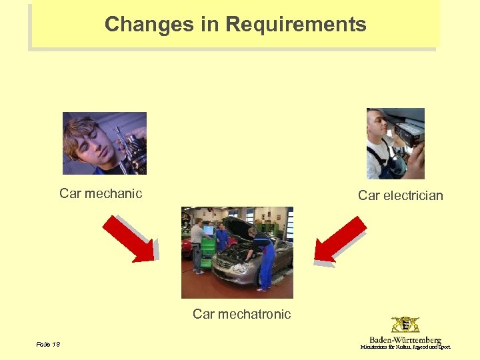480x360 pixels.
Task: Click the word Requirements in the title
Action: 296,25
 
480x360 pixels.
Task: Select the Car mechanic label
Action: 101,194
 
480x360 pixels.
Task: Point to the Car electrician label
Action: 400,195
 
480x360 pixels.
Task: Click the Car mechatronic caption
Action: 241,314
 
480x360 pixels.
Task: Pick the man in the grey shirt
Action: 197,243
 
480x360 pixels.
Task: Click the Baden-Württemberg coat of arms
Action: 405,325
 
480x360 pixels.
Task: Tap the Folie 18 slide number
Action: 48,344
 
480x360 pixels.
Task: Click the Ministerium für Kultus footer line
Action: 405,347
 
